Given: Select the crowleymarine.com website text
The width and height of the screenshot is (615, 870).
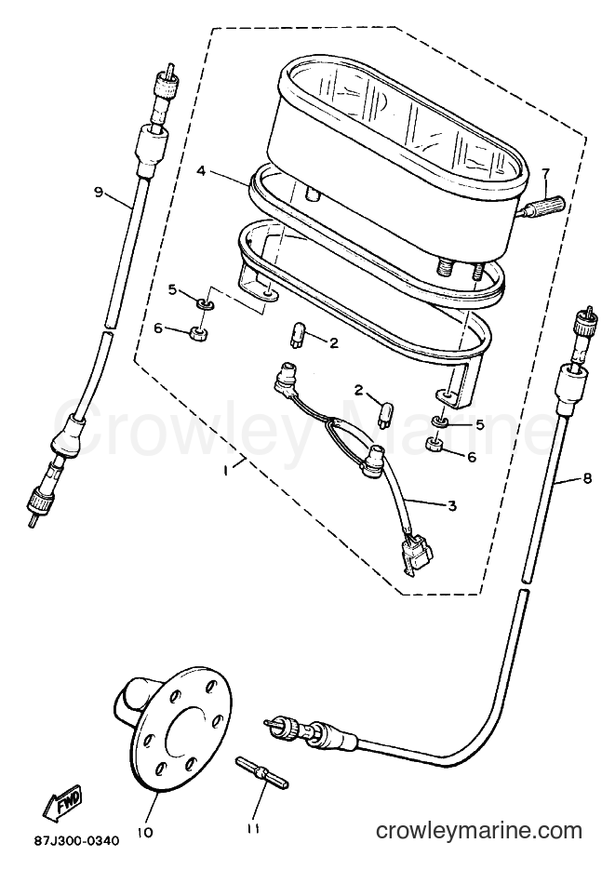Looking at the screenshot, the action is coord(479,830).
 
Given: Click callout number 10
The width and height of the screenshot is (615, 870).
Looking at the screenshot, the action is coord(149,833).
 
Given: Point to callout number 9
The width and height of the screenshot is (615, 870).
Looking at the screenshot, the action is coord(99,193).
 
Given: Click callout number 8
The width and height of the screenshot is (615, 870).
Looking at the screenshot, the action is coord(587,477).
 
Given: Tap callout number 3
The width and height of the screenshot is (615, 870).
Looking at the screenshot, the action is coord(452,505).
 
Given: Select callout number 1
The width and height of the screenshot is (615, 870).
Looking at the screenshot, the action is coord(226,471).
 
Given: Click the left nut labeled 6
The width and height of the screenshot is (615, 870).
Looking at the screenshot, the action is coord(196,334).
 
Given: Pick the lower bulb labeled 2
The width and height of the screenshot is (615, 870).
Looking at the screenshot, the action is coord(382,414).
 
